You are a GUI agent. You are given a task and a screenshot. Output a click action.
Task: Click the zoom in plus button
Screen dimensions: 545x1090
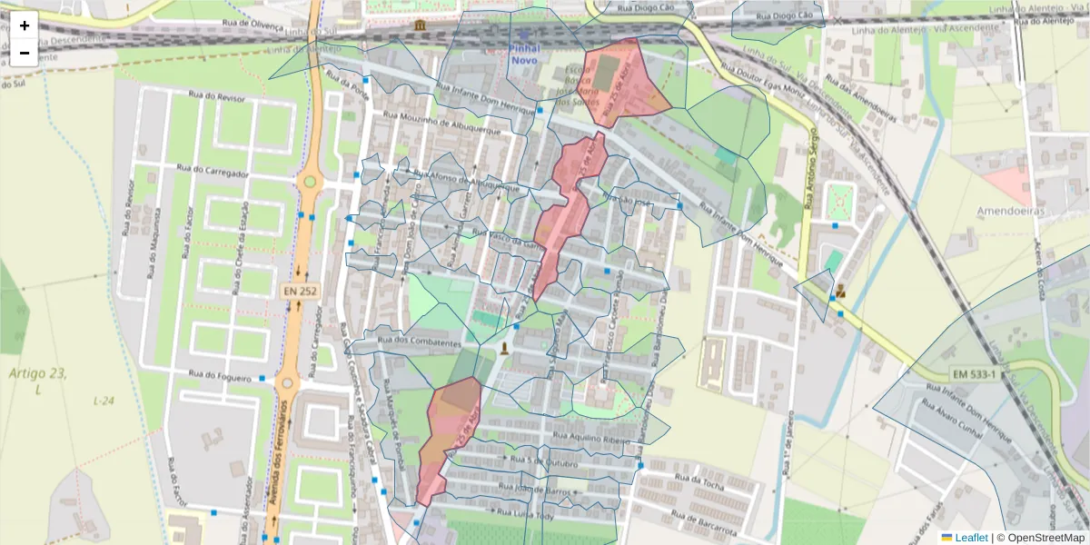pyautogui.click(x=25, y=25)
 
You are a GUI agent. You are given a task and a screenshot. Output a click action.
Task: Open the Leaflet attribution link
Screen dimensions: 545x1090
pyautogui.click(x=971, y=538)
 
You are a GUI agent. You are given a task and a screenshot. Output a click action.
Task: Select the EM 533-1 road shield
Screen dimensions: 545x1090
pyautogui.click(x=974, y=374)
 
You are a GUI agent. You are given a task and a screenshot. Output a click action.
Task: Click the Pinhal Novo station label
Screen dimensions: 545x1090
pyautogui.click(x=525, y=54)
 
